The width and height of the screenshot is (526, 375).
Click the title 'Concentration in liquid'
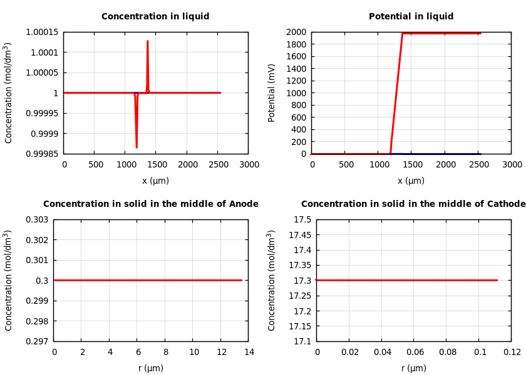tap(155, 17)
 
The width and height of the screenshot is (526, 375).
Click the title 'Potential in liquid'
tap(411, 17)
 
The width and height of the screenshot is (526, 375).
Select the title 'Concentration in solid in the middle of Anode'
tap(150, 204)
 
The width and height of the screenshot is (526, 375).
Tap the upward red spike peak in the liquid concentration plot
tap(147, 41)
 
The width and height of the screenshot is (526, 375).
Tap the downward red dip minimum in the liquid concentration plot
tap(137, 147)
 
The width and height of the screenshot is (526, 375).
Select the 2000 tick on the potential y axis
tap(296, 32)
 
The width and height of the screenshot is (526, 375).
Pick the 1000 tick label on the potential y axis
tap(296, 93)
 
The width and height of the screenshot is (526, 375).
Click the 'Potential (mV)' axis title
tap(272, 92)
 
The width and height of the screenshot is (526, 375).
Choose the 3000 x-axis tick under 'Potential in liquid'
tap(512, 164)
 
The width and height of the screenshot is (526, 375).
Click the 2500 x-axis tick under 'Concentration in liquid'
tap(218, 164)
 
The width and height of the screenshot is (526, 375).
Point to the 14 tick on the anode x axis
tap(249, 352)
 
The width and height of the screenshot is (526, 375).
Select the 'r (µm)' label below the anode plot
tap(151, 368)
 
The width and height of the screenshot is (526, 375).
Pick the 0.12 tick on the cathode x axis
tap(512, 352)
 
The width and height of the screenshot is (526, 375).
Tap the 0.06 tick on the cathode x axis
tap(414, 352)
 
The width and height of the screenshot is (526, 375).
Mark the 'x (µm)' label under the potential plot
tap(411, 181)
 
